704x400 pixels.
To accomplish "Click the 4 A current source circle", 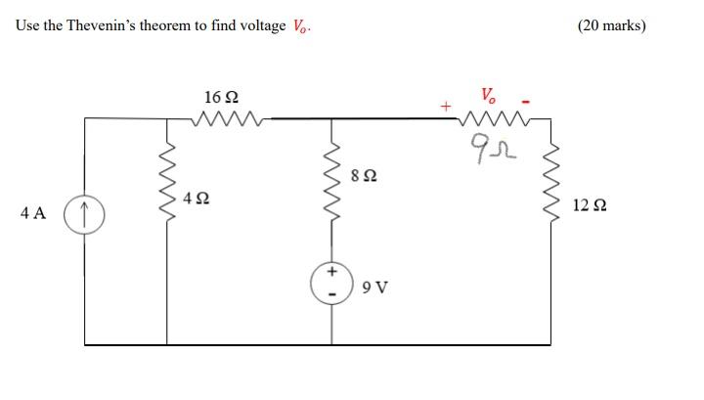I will pyautogui.click(x=85, y=212).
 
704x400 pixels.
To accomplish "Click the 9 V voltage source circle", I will pyautogui.click(x=331, y=281).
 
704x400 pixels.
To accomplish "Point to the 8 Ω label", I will pyautogui.click(x=363, y=177).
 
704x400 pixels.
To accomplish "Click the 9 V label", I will pyautogui.click(x=374, y=288).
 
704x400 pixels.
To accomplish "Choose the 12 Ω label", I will pyautogui.click(x=590, y=205).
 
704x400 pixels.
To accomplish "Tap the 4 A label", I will pyautogui.click(x=32, y=213).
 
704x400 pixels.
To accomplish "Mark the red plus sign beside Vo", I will pyautogui.click(x=447, y=105).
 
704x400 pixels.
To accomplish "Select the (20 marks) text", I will pyautogui.click(x=611, y=25).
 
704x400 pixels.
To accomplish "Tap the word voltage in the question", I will pyautogui.click(x=260, y=25).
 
